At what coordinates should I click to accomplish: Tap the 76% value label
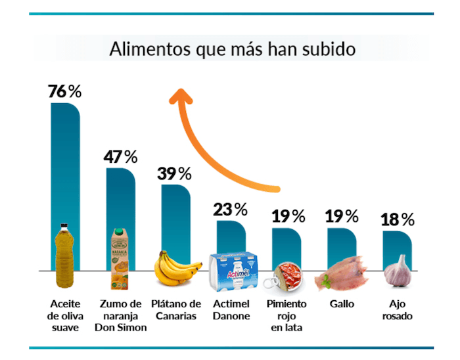pyautogui.click(x=64, y=91)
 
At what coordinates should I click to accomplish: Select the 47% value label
pyautogui.click(x=120, y=157)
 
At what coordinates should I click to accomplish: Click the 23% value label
pyautogui.click(x=230, y=210)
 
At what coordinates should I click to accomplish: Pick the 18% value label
pyautogui.click(x=398, y=219)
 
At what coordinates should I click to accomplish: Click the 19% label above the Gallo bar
pyautogui.click(x=342, y=215)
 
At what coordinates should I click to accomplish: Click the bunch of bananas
pyautogui.click(x=175, y=267)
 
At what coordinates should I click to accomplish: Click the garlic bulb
pyautogui.click(x=398, y=270)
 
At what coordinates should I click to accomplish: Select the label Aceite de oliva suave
pyautogui.click(x=64, y=316)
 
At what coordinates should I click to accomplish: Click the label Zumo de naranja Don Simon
pyautogui.click(x=122, y=316)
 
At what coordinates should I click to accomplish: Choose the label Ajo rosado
pyautogui.click(x=397, y=310)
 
